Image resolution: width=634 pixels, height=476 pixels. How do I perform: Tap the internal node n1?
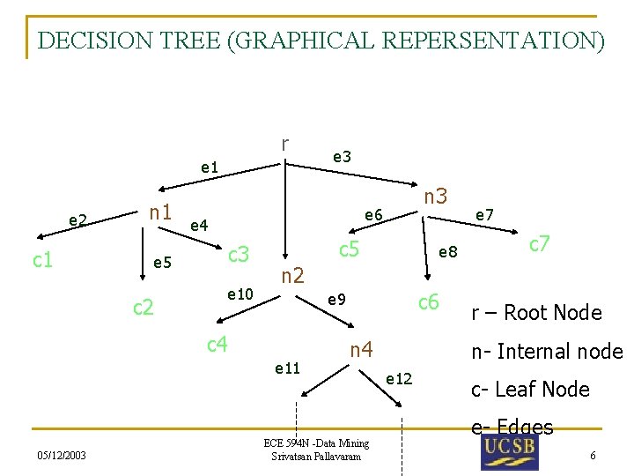coord(160,212)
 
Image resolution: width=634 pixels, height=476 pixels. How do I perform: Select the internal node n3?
coord(436,196)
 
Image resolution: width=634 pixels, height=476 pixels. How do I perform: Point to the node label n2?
coord(292,276)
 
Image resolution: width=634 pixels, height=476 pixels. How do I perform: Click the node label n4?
coord(361,349)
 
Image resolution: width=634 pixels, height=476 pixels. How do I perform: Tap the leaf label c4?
coord(217,343)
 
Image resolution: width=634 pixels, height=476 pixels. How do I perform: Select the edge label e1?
coord(210,166)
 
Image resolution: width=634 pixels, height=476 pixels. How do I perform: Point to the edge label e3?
coord(342,156)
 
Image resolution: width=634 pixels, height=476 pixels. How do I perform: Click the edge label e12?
coord(399,378)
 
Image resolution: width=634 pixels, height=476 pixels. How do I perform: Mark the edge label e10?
coord(240,293)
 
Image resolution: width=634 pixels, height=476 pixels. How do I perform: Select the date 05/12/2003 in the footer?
coord(62,455)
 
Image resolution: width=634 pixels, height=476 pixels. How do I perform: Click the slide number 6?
coord(593,455)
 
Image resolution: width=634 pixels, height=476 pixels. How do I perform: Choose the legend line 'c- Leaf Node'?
coord(530,389)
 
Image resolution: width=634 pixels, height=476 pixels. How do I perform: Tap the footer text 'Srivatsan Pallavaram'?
coord(316,456)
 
